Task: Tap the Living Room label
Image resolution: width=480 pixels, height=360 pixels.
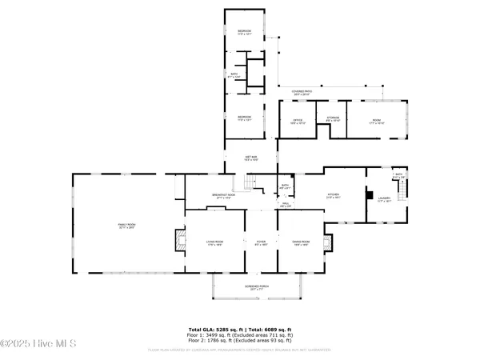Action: point(214,242)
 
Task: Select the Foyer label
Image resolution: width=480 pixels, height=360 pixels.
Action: point(260,242)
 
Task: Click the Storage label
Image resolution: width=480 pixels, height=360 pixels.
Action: point(334,118)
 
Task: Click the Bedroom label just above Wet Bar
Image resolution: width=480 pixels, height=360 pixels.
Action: point(244,117)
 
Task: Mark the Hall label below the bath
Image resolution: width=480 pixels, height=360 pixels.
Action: point(285,203)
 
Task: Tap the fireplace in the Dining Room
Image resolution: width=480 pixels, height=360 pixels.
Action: point(326,242)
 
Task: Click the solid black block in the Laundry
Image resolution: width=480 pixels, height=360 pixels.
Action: point(369,194)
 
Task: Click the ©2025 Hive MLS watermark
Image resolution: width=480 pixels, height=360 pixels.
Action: point(38,345)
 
